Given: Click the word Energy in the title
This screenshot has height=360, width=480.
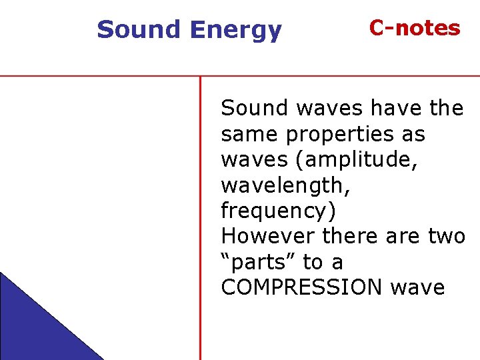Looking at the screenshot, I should click(x=235, y=31).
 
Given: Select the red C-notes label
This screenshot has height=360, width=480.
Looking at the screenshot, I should click(x=415, y=28).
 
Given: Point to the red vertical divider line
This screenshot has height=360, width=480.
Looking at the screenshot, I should click(x=200, y=220).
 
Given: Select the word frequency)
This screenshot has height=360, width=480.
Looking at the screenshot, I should click(x=279, y=211).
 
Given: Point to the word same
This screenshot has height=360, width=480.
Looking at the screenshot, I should click(x=250, y=135).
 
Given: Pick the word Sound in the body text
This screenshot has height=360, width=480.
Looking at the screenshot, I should click(x=254, y=108).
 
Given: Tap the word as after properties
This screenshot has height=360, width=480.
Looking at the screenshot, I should click(x=413, y=135).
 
